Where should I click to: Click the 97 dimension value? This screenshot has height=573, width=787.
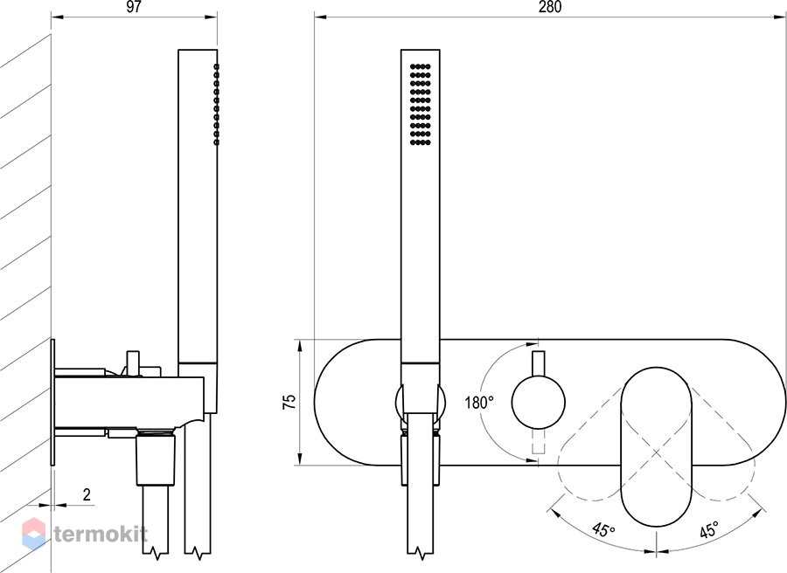134,7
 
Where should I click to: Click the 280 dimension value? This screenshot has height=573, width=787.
550,7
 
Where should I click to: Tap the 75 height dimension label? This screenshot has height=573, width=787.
289,402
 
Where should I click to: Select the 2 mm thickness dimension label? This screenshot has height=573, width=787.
87,494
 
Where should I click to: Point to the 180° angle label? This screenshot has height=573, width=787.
479,402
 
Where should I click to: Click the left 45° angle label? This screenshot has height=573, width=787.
603,529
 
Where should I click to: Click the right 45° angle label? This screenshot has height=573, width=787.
708,529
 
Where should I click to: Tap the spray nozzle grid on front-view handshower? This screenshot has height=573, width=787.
421,104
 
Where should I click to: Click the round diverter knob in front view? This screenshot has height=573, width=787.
539,403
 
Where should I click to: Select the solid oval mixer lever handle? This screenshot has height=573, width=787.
657,446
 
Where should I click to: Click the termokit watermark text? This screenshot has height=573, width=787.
101,534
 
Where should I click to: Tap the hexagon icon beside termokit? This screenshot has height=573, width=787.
34,534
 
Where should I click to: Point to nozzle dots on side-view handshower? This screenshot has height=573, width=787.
216,104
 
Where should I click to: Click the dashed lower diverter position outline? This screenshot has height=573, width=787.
539,441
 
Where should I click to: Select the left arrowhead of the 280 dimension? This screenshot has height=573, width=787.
321,17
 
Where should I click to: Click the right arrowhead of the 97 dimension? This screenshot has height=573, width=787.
212,17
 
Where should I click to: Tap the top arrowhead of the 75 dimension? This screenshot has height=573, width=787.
300,345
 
